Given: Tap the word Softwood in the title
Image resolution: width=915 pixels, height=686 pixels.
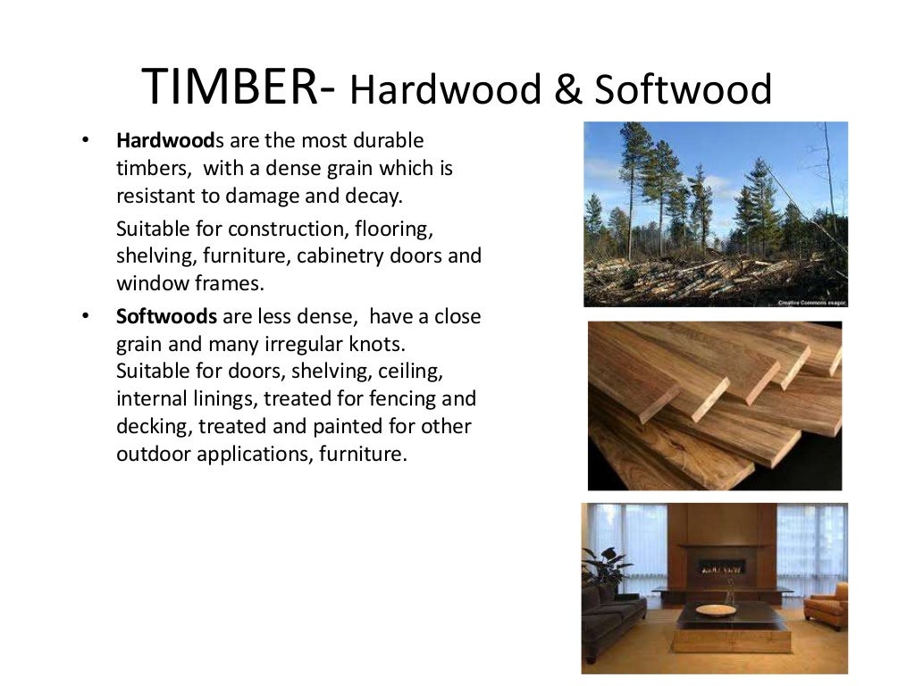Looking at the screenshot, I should click(683, 90).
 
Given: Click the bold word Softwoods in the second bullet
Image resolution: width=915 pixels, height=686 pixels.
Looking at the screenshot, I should click(166, 317).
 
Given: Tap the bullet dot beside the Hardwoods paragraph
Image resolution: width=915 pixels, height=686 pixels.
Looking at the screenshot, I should click(86, 141).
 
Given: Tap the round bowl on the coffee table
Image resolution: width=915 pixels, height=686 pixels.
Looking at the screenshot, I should click(715, 610).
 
